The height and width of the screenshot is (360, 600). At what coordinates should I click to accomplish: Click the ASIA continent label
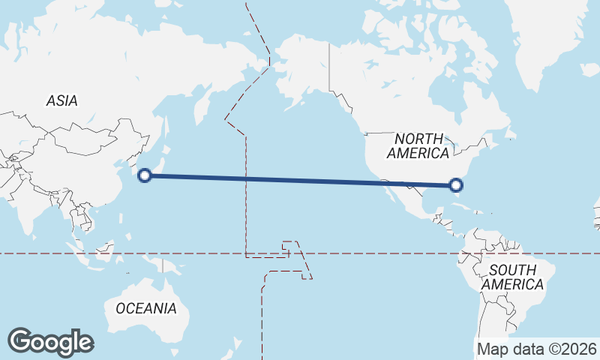point(61,100)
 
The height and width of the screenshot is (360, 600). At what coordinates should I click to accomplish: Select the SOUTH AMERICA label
point(512,277)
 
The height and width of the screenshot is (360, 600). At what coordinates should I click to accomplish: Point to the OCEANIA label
point(146,308)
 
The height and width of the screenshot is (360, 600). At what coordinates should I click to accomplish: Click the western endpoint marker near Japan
point(145,176)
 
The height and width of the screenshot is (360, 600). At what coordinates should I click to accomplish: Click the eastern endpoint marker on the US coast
point(457,185)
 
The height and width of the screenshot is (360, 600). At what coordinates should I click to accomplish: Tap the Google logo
point(50,342)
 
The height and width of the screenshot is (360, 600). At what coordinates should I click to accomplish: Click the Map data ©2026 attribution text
point(537,349)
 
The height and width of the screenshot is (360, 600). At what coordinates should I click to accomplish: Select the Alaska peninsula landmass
point(300,75)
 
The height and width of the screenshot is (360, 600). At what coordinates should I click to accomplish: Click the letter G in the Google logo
point(20,341)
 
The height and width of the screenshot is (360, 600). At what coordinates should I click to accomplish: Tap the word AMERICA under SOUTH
point(512,285)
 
